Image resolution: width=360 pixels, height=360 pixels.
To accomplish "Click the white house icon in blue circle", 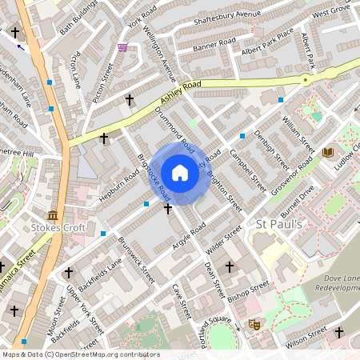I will click(180, 173).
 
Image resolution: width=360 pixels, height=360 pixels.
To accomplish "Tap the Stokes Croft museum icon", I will click(53, 215).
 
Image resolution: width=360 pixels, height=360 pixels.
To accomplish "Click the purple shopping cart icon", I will click(122, 48).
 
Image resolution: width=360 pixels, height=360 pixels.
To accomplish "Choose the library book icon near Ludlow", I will click(327, 152).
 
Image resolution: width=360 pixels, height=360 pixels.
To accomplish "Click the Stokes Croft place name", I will click(57, 229).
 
